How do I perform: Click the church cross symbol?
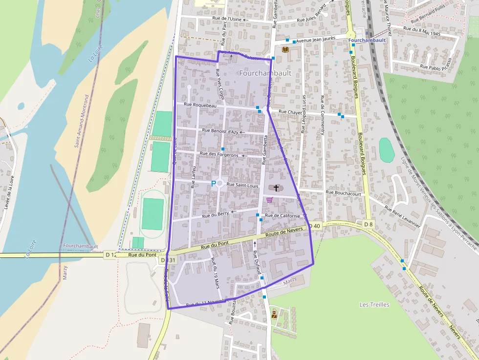coord(276,188)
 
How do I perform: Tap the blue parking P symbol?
coord(213,184)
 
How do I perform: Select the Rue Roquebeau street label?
coord(200,105)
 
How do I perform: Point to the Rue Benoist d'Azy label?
coord(220,131)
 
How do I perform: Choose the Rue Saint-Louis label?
coord(243,185)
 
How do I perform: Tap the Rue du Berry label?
coord(216,213)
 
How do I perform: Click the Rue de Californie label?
coord(283,215)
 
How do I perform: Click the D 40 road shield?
coord(315,226)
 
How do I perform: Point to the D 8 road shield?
coord(368,224)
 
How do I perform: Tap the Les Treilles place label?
coord(374,304)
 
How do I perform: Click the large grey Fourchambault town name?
coord(265,73)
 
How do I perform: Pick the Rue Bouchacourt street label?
coord(343,193)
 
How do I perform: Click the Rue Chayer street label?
coord(290,112)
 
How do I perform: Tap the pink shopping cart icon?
coord(269,199)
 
